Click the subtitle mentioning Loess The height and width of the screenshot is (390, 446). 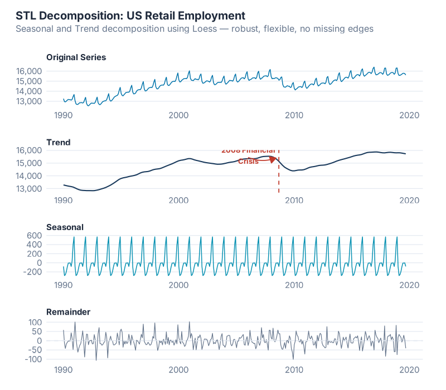click(195, 29)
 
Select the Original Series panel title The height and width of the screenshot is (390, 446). click(76, 57)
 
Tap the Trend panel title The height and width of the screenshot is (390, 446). click(58, 143)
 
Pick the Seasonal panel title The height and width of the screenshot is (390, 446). click(65, 227)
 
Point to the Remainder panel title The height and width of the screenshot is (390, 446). click(68, 312)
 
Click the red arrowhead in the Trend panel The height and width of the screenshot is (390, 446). click(273, 159)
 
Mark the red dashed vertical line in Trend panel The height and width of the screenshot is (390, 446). click(279, 178)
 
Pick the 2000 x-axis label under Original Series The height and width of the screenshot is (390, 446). click(178, 115)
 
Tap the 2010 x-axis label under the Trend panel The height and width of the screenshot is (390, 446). click(294, 201)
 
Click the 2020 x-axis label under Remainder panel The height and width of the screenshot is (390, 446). click(410, 370)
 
